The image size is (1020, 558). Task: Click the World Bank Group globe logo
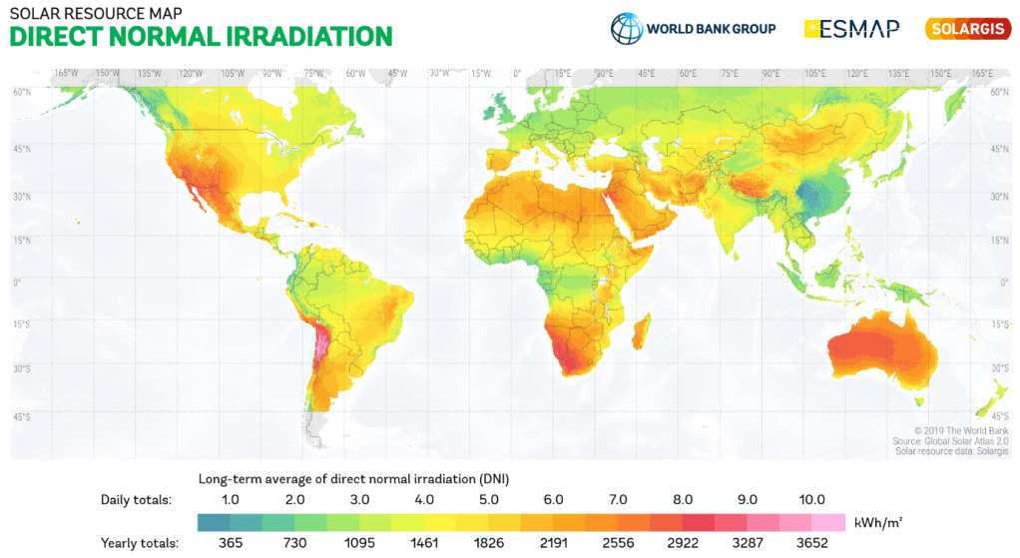click(627, 28)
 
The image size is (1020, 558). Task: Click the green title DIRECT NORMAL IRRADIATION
click(201, 37)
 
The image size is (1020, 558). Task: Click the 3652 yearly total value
click(812, 543)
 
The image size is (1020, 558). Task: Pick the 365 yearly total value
click(230, 543)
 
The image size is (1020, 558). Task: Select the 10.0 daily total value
click(812, 499)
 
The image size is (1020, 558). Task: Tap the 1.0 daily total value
click(230, 499)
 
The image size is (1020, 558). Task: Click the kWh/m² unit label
click(878, 521)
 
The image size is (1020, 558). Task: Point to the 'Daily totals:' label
click(137, 499)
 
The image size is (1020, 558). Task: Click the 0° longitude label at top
click(517, 73)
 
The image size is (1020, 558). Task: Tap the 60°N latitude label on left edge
click(21, 92)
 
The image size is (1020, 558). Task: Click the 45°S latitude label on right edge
click(999, 415)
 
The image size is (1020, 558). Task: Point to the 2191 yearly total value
click(554, 543)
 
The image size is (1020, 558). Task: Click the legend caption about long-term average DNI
click(354, 477)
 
